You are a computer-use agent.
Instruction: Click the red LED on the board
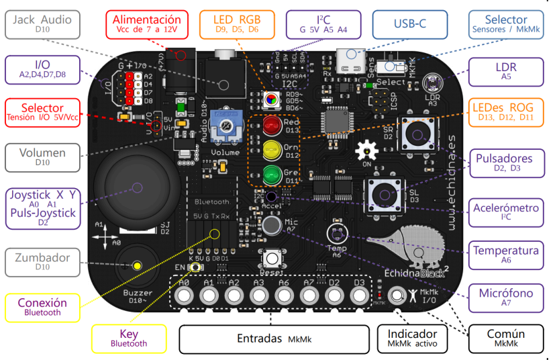pos(270,125)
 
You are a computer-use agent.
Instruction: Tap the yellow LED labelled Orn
pos(270,149)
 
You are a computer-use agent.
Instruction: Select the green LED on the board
pos(270,174)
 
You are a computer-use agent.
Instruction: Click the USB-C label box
pos(409,26)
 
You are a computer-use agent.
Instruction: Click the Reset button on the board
pos(271,259)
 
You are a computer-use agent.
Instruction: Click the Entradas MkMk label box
pos(274,339)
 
